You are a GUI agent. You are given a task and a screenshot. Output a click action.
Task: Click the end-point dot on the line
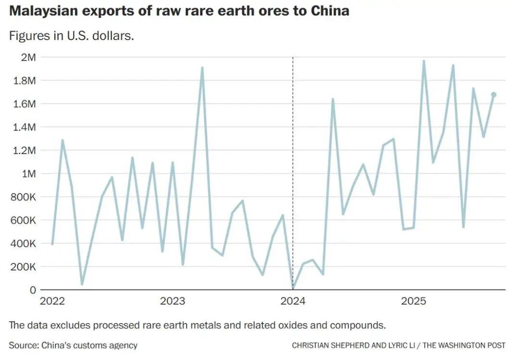pyautogui.click(x=494, y=95)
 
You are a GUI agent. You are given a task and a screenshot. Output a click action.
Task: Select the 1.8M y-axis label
pyautogui.click(x=24, y=80)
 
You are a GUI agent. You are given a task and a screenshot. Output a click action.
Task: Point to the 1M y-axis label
pyautogui.click(x=28, y=174)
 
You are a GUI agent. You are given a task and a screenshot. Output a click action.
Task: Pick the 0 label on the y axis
pyautogui.click(x=33, y=290)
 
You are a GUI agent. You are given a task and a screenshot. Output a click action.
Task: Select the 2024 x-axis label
pyautogui.click(x=293, y=301)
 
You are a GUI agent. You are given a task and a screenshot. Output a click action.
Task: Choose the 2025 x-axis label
pyautogui.click(x=414, y=301)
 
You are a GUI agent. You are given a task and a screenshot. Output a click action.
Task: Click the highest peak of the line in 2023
pyautogui.click(x=202, y=68)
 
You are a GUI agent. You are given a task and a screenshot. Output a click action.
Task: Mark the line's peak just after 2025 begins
pyautogui.click(x=423, y=61)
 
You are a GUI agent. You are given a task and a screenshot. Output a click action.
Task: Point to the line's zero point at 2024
pyautogui.click(x=293, y=289)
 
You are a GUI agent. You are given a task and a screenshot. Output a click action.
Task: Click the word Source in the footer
pyautogui.click(x=23, y=345)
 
